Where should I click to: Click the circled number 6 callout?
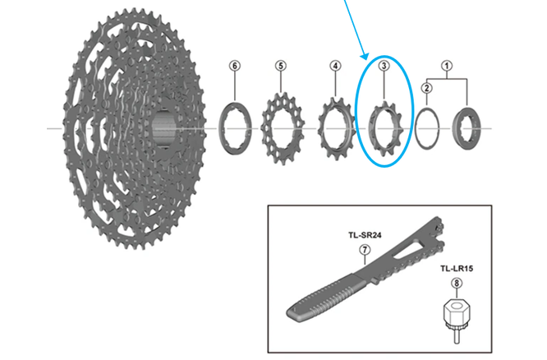(235, 66)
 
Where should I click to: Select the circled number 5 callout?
(280, 66)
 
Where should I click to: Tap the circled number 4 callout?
(335, 66)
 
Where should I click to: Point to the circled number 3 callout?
(384, 66)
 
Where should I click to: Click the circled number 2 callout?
(426, 88)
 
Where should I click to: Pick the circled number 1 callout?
(447, 66)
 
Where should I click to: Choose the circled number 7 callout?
(365, 250)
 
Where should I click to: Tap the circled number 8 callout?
(457, 284)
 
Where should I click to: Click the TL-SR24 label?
(365, 235)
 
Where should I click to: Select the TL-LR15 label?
(457, 269)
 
